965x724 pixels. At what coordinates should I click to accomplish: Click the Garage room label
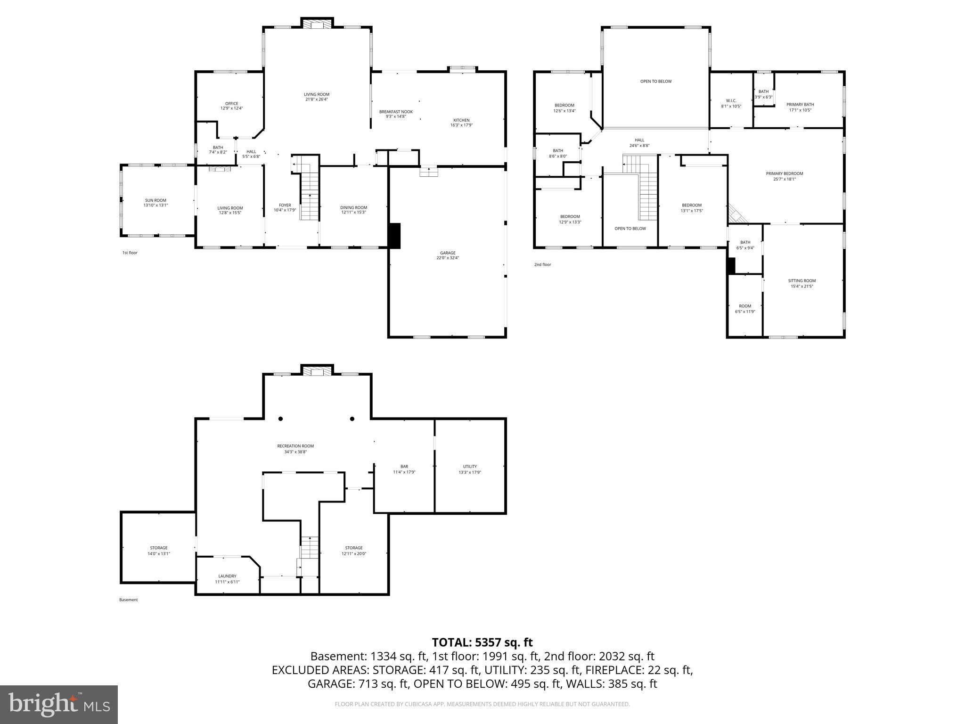[x=448, y=253]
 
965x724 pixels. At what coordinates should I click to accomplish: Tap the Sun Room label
[x=155, y=200]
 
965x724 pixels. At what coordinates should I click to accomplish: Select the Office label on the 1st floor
[x=231, y=104]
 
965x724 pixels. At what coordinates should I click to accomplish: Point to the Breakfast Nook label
[x=396, y=112]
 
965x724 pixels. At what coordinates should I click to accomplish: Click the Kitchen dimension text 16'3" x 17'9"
[x=461, y=125]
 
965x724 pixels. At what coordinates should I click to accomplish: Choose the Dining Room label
[x=353, y=207]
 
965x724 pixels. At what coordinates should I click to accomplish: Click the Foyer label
[x=285, y=205]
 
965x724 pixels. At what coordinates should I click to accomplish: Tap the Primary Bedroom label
[x=784, y=173]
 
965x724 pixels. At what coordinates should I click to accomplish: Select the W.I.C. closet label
[x=731, y=100]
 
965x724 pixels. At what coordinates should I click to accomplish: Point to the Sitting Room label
[x=801, y=280]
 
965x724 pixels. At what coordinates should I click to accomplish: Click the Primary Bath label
[x=800, y=105]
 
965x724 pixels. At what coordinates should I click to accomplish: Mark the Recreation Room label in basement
[x=295, y=446]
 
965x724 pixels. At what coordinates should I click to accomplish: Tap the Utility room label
[x=469, y=467]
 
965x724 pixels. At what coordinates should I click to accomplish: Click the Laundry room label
[x=227, y=576]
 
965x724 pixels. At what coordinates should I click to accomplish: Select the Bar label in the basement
[x=404, y=467]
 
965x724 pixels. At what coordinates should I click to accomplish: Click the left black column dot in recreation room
[x=281, y=419]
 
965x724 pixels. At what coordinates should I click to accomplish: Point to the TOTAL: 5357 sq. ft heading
[x=482, y=642]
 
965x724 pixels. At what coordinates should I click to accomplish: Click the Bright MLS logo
[x=59, y=705]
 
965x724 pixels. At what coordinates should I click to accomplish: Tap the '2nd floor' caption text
[x=542, y=264]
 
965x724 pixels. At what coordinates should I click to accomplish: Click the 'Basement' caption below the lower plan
[x=128, y=600]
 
